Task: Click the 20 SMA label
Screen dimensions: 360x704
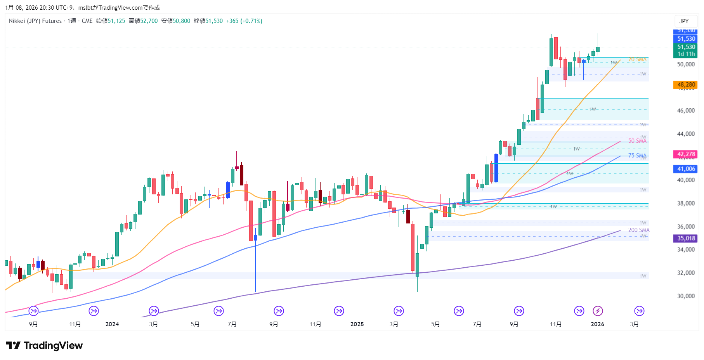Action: click(637, 59)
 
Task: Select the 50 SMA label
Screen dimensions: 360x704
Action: click(637, 141)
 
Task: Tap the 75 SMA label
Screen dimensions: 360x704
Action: click(637, 156)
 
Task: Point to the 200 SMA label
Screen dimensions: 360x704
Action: click(638, 230)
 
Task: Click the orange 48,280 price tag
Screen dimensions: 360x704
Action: click(685, 85)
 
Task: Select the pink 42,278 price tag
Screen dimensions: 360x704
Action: click(685, 154)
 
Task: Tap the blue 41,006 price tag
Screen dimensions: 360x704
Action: click(685, 169)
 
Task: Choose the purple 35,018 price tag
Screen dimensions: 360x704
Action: click(685, 238)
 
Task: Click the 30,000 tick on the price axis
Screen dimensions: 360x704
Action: click(686, 296)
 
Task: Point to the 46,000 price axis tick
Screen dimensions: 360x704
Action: click(686, 111)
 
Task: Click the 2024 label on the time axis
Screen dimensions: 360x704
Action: click(112, 324)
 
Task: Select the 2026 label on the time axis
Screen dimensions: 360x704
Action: click(597, 324)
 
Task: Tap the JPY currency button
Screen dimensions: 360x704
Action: click(684, 21)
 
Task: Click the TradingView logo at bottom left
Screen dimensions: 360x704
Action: click(44, 345)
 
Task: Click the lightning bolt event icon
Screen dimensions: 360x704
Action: click(598, 311)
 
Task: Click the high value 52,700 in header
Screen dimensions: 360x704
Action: click(149, 21)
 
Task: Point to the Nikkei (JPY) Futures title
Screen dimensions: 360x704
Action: click(35, 21)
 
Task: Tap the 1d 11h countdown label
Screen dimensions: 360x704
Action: click(686, 54)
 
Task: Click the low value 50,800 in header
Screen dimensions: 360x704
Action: click(182, 21)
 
